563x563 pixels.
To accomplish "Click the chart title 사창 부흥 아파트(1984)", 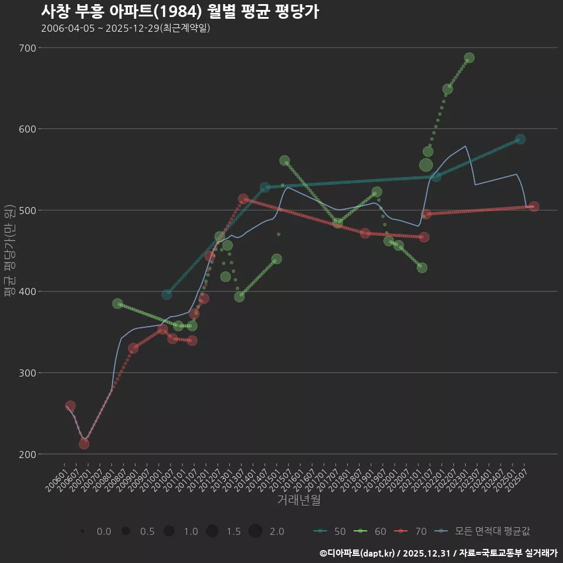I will (180, 11).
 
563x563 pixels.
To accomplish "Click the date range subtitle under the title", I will (126, 28).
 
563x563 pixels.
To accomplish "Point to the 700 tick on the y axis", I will (27, 48).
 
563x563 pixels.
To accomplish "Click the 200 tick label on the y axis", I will (27, 454).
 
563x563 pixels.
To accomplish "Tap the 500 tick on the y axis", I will (27, 210).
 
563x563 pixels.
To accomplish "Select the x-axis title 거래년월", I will (299, 500).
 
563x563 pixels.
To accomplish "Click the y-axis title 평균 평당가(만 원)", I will (9, 252).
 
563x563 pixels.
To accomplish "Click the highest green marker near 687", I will (469, 57).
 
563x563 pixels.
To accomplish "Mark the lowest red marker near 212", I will (84, 444).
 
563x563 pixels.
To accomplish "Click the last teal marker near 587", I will (520, 139).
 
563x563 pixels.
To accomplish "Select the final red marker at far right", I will (534, 206).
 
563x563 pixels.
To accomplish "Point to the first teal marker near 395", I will (167, 294).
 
